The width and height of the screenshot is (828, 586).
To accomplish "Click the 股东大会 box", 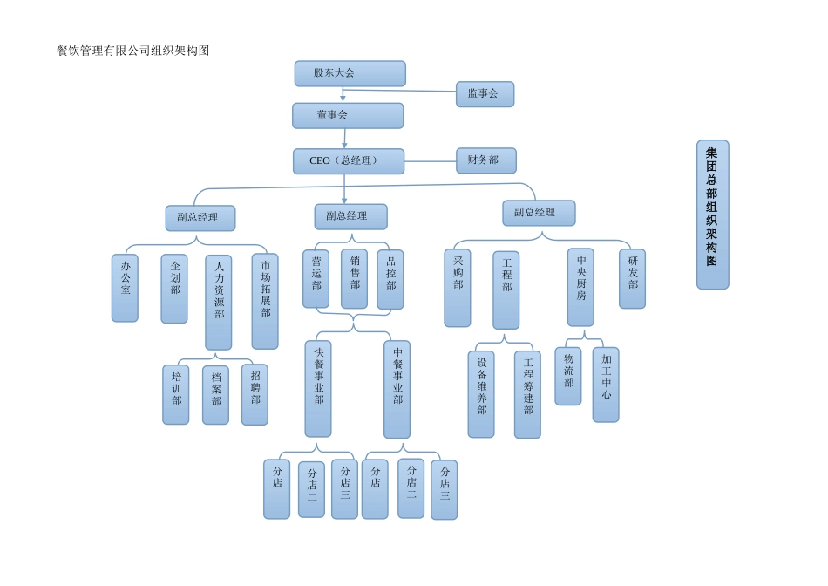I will pyautogui.click(x=350, y=73).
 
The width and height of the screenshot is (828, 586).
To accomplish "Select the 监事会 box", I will pyautogui.click(x=485, y=94).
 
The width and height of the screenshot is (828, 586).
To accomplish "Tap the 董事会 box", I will pyautogui.click(x=348, y=115).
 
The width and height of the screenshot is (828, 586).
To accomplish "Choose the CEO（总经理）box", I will pyautogui.click(x=348, y=161).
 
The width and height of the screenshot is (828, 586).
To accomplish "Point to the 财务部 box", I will pyautogui.click(x=485, y=160).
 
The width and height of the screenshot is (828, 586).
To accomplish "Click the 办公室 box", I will pyautogui.click(x=125, y=288).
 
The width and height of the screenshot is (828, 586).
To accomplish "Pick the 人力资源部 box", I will pyautogui.click(x=218, y=302).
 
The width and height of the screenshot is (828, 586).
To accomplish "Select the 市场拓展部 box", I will pyautogui.click(x=265, y=301).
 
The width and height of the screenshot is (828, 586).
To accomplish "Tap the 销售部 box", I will pyautogui.click(x=354, y=278).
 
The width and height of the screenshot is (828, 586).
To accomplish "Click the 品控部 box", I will pyautogui.click(x=390, y=279).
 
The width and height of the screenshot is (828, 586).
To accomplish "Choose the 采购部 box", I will pyautogui.click(x=457, y=288).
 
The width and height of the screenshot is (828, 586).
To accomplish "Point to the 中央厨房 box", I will pyautogui.click(x=580, y=287).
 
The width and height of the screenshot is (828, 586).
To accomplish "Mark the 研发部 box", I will pyautogui.click(x=632, y=278).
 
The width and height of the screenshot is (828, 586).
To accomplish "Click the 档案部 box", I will pyautogui.click(x=215, y=394).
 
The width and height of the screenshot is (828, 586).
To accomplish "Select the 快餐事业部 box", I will pyautogui.click(x=318, y=388).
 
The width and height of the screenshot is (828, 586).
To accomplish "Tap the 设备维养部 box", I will pyautogui.click(x=481, y=394).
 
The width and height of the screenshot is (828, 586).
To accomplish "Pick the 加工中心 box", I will pyautogui.click(x=606, y=385).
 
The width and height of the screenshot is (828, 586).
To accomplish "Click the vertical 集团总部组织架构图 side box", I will pyautogui.click(x=712, y=215).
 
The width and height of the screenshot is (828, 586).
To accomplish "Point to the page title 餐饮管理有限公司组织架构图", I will pyautogui.click(x=133, y=51).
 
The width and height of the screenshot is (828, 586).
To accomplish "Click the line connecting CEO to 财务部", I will pyautogui.click(x=430, y=161).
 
